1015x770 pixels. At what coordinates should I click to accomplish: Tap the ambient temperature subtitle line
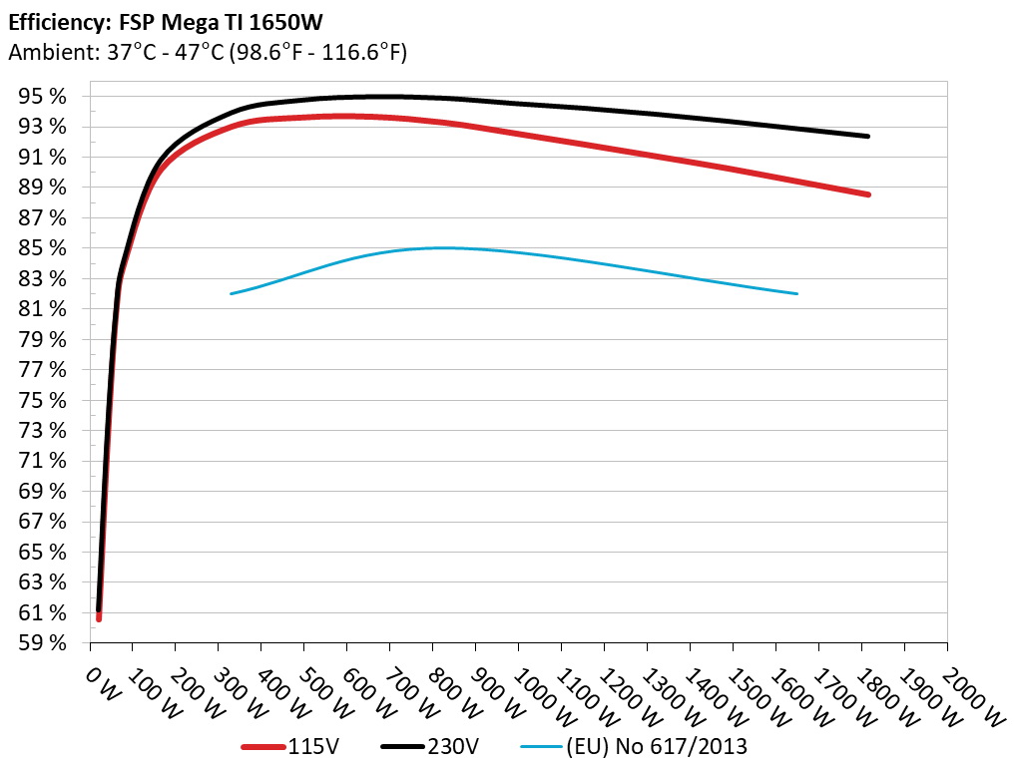click(208, 51)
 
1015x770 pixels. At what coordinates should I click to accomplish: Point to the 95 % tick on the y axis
click(47, 97)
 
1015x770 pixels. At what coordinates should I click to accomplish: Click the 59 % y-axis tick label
click(47, 643)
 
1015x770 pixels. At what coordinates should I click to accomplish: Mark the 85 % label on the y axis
click(47, 248)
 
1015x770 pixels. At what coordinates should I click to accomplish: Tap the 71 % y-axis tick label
click(47, 461)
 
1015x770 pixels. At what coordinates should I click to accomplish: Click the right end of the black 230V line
click(868, 136)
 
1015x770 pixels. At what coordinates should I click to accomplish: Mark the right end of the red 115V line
click(868, 194)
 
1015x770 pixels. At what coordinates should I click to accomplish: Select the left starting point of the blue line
click(232, 293)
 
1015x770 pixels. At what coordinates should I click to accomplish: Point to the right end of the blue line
click(796, 293)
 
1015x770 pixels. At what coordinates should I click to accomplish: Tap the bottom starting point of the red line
click(99, 618)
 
